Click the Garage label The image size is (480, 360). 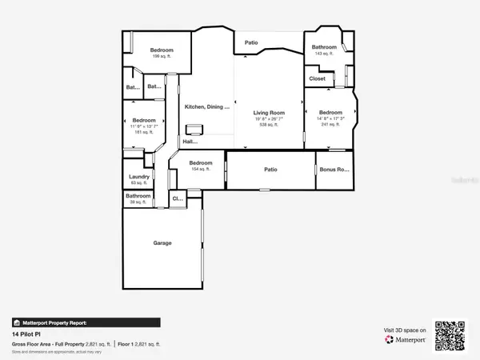(x=162, y=243)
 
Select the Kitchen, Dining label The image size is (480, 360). (x=207, y=106)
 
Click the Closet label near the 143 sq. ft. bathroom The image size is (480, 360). (x=318, y=79)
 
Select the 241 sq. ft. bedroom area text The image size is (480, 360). (x=330, y=125)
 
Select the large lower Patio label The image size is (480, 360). (x=270, y=170)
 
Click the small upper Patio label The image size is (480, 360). (x=251, y=43)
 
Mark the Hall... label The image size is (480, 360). (x=190, y=142)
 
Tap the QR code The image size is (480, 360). (x=450, y=334)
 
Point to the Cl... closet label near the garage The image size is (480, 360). (x=178, y=198)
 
